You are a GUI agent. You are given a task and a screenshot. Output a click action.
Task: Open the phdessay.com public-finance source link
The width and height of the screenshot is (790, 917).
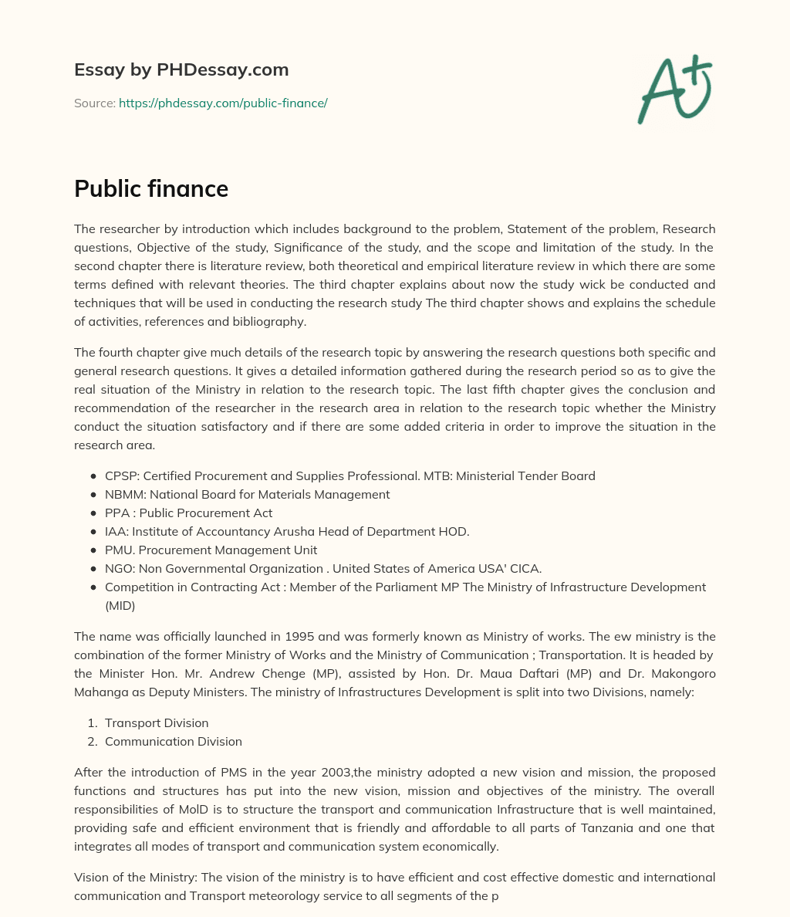point(223,103)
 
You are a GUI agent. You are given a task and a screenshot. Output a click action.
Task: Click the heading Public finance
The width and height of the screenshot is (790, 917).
point(151,188)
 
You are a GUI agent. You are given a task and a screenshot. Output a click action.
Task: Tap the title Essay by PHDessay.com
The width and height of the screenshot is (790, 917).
point(181,69)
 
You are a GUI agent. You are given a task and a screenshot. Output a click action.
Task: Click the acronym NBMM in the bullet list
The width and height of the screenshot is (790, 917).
point(123,494)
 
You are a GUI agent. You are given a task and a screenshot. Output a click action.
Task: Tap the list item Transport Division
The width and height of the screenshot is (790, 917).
point(157,722)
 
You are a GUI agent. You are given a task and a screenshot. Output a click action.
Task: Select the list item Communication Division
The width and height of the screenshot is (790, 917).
point(174,741)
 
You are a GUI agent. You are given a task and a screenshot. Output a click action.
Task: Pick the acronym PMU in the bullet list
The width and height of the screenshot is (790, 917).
point(120,550)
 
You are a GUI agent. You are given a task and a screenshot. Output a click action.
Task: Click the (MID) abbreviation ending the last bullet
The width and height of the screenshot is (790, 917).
point(120,605)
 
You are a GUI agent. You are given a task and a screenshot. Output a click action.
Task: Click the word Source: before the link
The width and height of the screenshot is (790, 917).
point(94,103)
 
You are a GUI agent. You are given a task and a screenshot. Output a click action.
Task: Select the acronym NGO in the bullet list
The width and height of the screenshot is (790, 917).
point(120,568)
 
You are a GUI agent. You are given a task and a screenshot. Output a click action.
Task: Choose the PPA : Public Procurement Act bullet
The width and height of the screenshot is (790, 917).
point(188,513)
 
